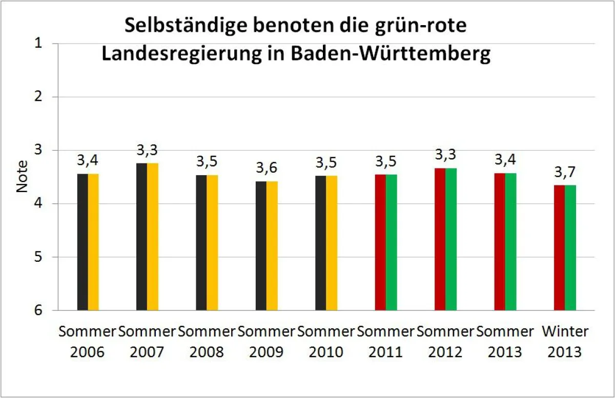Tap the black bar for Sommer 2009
click(261, 246)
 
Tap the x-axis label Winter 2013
click(565, 342)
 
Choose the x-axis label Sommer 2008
click(207, 342)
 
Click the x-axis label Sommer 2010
click(326, 342)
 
